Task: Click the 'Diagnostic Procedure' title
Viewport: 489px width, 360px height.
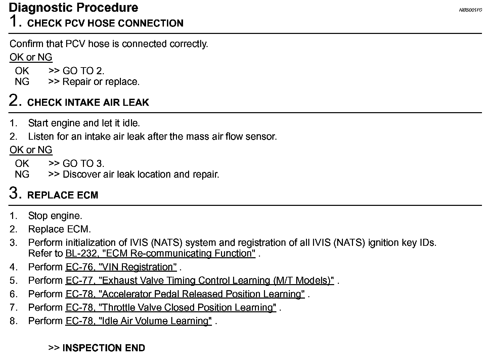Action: click(x=73, y=7)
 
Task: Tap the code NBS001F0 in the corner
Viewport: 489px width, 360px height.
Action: click(x=470, y=10)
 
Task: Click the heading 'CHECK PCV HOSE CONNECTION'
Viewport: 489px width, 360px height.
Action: click(x=105, y=23)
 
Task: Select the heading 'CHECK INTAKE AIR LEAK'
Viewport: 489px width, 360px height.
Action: click(x=88, y=102)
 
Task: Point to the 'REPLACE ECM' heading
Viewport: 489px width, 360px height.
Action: click(x=62, y=195)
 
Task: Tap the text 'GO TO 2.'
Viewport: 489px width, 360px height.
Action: click(x=83, y=71)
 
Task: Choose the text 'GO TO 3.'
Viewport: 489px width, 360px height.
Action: click(x=83, y=164)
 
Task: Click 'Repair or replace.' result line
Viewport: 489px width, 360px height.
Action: click(x=101, y=82)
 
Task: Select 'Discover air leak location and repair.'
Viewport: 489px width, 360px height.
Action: click(x=141, y=174)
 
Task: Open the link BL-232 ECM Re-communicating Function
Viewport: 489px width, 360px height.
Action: click(x=160, y=253)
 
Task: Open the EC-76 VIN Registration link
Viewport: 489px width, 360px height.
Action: click(x=121, y=267)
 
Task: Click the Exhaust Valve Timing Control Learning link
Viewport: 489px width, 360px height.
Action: click(x=199, y=280)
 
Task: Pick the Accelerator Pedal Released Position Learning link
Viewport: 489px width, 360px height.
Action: click(x=185, y=294)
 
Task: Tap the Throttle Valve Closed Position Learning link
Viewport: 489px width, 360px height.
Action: click(x=171, y=308)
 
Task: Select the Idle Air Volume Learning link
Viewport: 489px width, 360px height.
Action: click(x=138, y=321)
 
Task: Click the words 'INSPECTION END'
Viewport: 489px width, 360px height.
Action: click(x=103, y=348)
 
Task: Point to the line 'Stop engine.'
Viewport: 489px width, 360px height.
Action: click(x=55, y=216)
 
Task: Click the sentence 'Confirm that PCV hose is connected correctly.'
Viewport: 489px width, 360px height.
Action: click(x=109, y=44)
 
